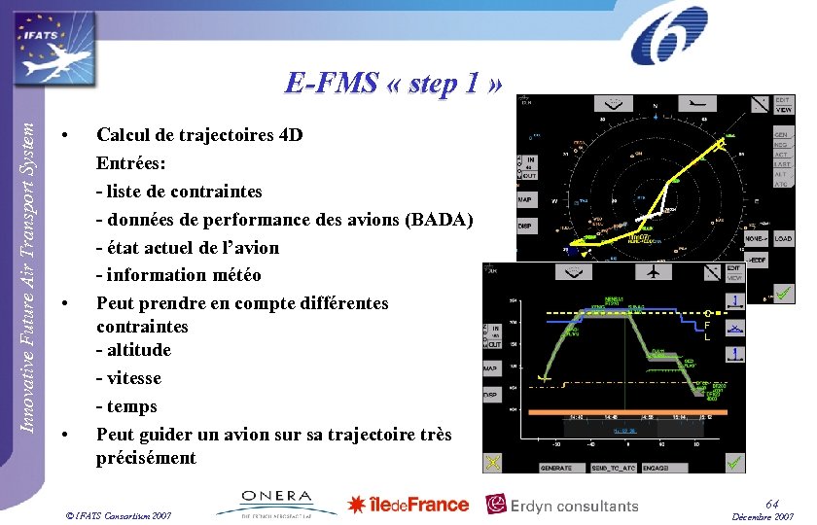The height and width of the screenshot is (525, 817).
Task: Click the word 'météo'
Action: pos(233,275)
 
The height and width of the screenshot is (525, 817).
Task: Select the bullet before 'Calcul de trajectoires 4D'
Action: pos(63,134)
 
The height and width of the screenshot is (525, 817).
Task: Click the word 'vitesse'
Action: pos(134,378)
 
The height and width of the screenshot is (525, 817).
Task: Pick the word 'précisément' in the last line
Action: pos(146,458)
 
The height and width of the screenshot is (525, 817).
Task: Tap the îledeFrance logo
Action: pos(408,504)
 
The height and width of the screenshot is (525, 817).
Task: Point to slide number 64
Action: pos(771,502)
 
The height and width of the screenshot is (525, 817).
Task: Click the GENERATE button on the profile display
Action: pos(555,468)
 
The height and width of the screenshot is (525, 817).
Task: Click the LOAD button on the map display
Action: pos(783,238)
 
